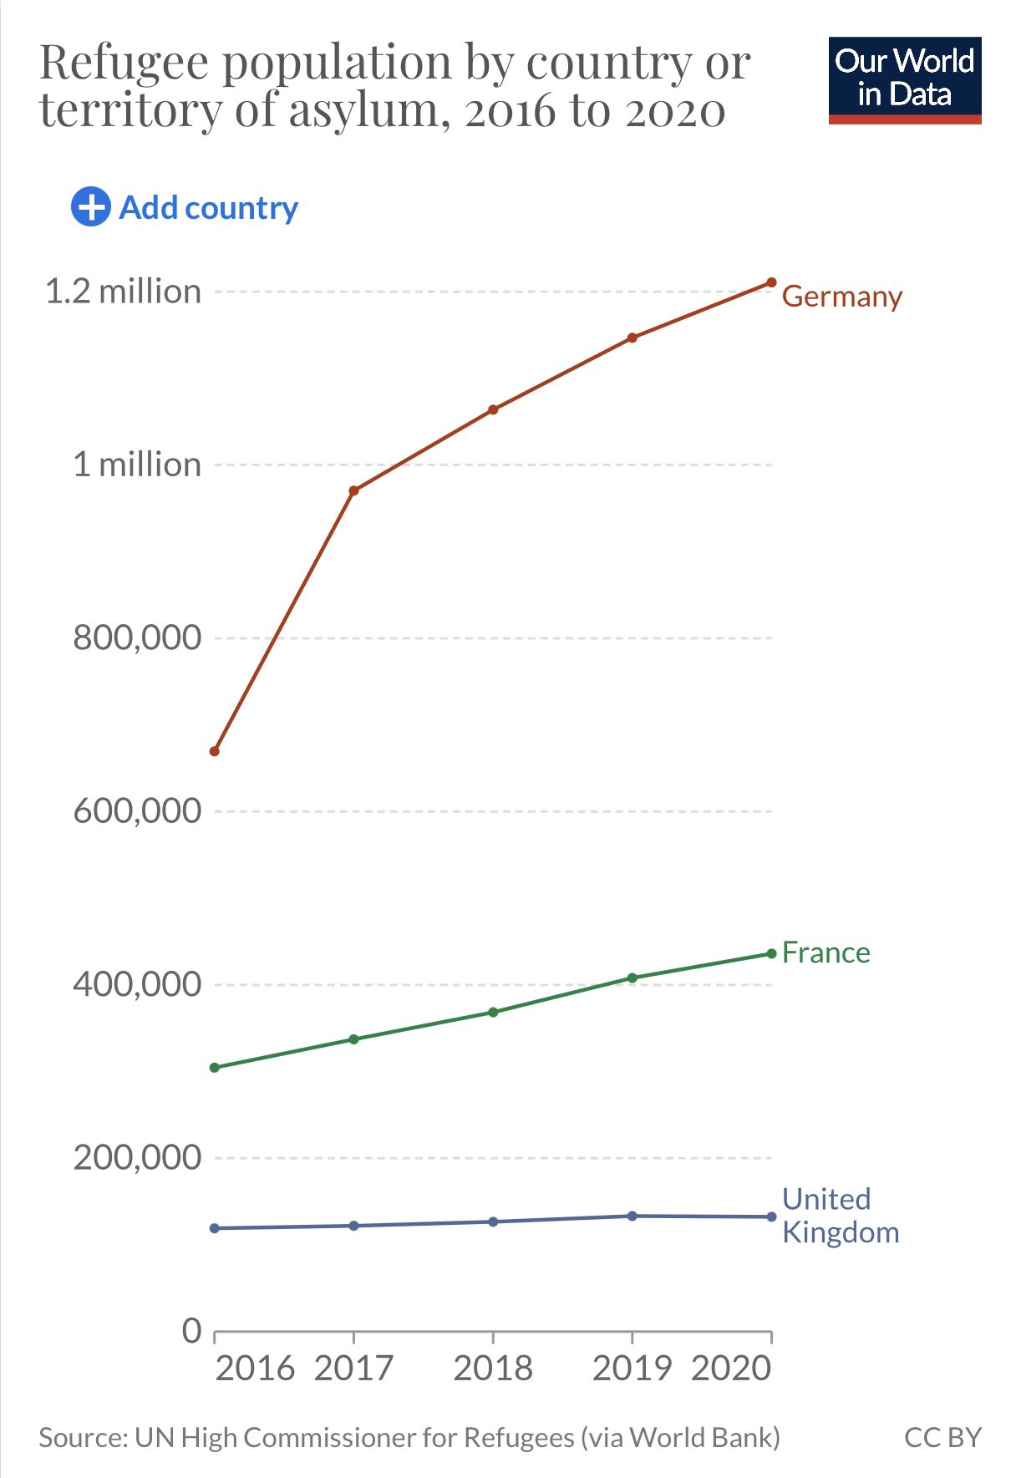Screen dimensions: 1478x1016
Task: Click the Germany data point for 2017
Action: click(353, 490)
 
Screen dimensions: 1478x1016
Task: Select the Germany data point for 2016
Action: click(215, 751)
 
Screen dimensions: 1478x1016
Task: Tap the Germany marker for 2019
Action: click(632, 338)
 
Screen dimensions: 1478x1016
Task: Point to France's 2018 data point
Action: click(493, 1012)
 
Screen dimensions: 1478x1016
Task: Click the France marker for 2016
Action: click(215, 1067)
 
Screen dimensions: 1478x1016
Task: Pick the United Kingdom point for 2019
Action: click(632, 1216)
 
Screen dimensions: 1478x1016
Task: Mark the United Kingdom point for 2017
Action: click(353, 1225)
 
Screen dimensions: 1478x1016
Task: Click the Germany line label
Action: click(841, 297)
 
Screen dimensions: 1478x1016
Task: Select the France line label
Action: click(825, 952)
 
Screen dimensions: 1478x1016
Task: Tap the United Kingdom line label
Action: click(840, 1216)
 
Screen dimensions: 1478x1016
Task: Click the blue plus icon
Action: click(90, 206)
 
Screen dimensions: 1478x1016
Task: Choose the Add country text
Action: click(209, 208)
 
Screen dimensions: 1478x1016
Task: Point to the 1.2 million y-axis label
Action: click(123, 292)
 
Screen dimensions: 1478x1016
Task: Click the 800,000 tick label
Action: click(137, 637)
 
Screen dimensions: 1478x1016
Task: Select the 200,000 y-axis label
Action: click(137, 1157)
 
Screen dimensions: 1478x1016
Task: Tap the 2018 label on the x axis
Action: click(493, 1368)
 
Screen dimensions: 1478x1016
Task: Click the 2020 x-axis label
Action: click(731, 1368)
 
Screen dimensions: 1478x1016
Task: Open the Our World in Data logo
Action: click(904, 80)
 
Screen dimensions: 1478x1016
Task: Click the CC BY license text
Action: click(942, 1437)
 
